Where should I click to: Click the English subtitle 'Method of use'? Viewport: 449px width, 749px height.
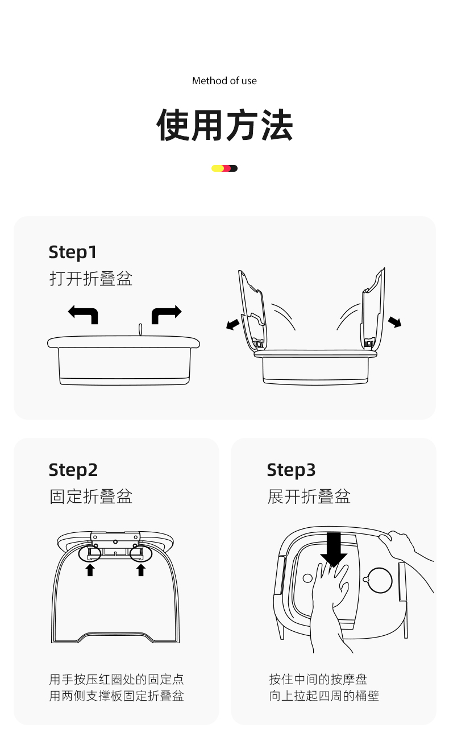[x=224, y=81]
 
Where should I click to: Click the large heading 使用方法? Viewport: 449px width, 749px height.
[x=224, y=125]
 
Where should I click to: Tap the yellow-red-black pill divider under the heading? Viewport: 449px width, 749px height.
[x=224, y=168]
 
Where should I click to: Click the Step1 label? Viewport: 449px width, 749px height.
[x=73, y=253]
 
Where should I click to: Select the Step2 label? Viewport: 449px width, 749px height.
[x=73, y=470]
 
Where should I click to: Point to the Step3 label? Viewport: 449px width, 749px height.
[x=291, y=470]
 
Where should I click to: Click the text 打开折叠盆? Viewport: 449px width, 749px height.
[x=91, y=279]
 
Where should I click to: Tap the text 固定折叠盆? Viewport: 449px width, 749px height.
[x=91, y=496]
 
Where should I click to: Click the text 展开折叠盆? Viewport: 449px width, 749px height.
[x=309, y=496]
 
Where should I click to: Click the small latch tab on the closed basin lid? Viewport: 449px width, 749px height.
[x=140, y=329]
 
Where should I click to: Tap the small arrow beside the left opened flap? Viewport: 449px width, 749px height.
[x=233, y=324]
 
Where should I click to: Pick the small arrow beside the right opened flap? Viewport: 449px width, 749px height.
[x=394, y=322]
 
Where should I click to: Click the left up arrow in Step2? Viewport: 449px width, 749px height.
[x=90, y=570]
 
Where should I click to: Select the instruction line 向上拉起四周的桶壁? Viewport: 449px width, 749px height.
[x=324, y=696]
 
